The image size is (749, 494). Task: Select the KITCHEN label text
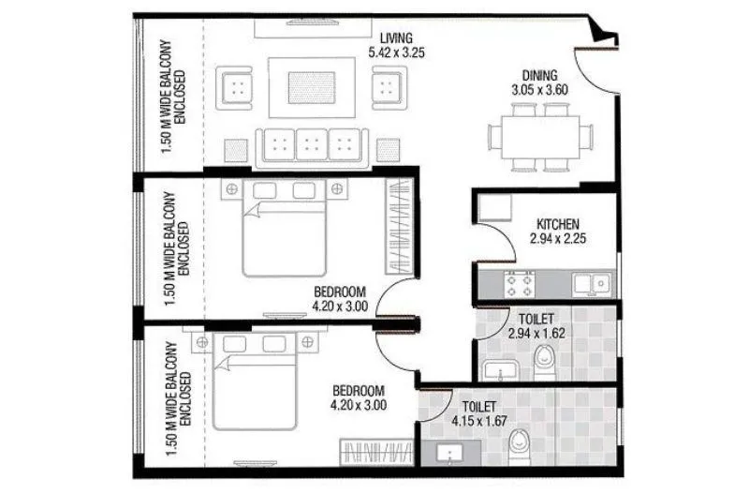point(558,225)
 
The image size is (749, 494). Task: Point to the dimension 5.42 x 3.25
point(396,52)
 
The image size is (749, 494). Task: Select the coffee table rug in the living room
point(311,87)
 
